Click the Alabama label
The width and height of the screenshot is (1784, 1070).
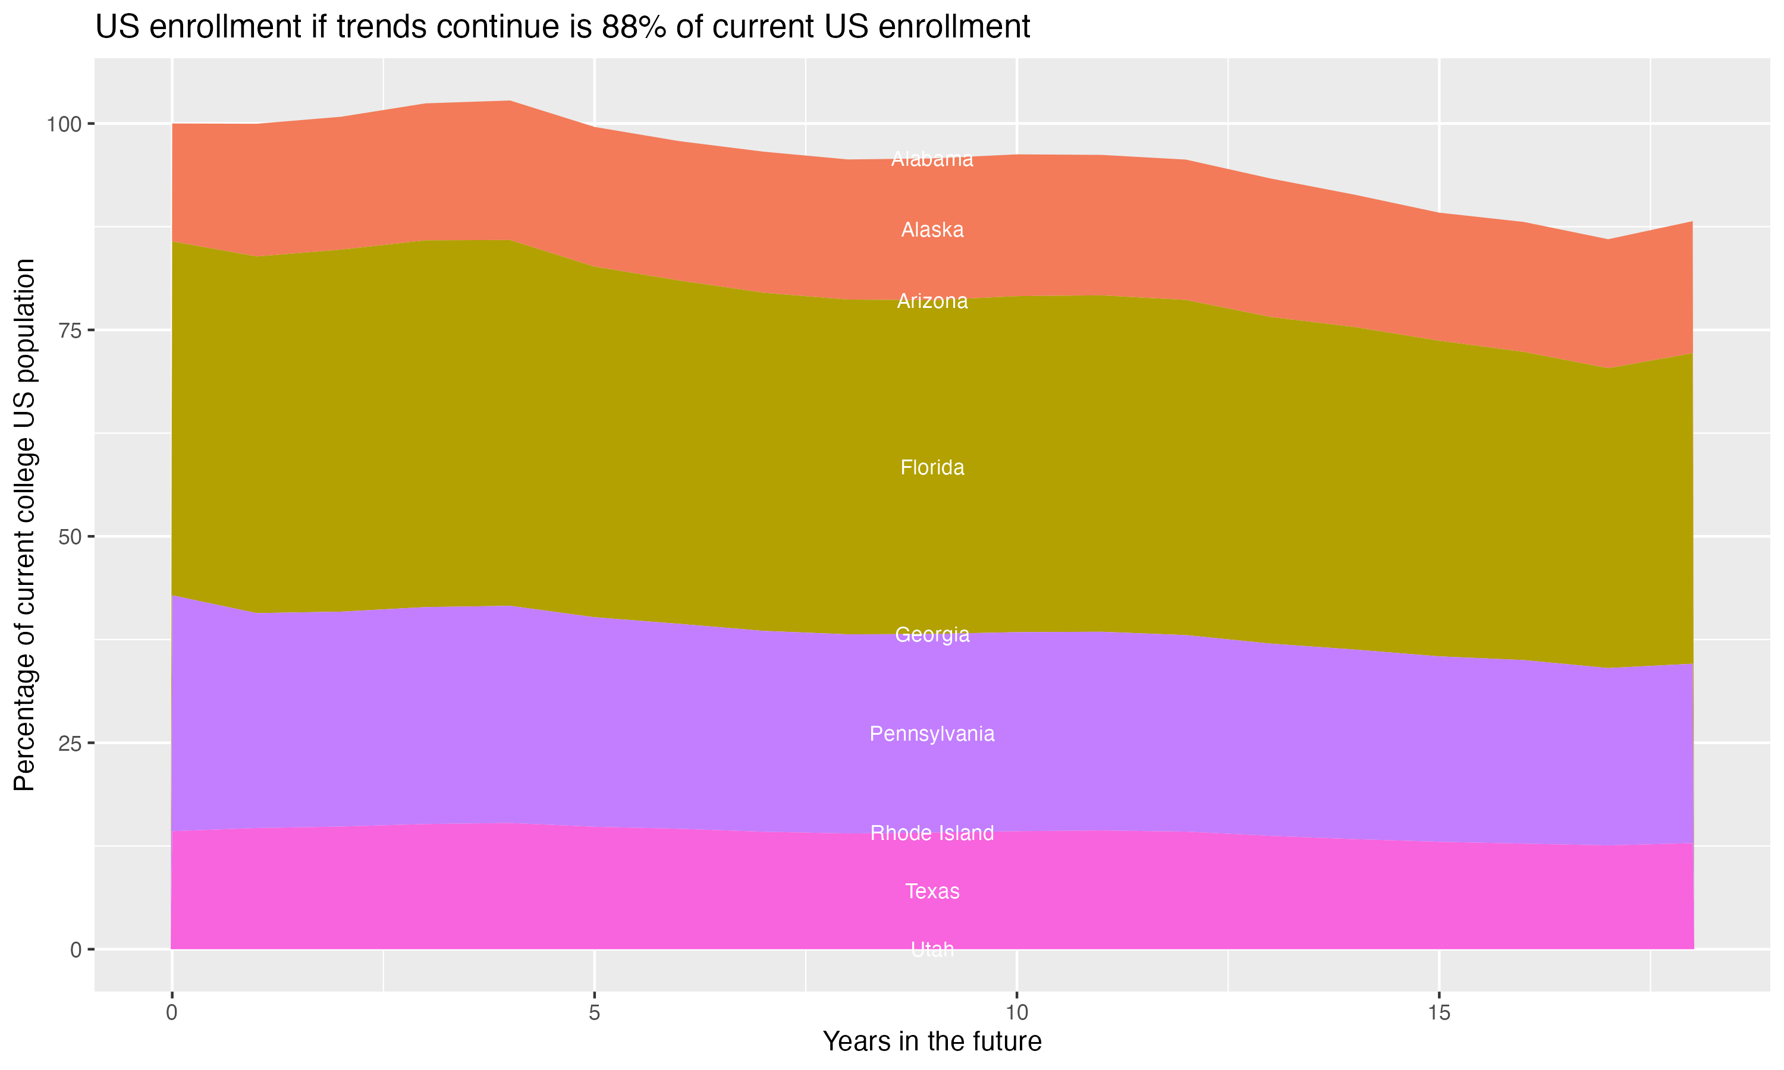click(932, 159)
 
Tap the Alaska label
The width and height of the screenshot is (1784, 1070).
click(932, 230)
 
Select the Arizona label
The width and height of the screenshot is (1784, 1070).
click(932, 301)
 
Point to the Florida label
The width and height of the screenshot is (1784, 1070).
click(932, 468)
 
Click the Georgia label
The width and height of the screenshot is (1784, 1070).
click(932, 634)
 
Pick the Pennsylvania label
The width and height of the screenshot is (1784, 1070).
click(932, 734)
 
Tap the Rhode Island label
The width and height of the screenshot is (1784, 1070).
click(932, 833)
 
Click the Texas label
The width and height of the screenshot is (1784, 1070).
click(932, 892)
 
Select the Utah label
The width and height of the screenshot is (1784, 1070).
click(932, 949)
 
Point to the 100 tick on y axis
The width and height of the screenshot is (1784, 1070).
click(64, 124)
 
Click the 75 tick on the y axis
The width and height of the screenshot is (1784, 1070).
click(69, 331)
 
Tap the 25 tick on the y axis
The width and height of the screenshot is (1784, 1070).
click(69, 744)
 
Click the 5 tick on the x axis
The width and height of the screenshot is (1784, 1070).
click(594, 1013)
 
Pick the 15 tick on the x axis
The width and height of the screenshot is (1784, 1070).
click(1438, 1013)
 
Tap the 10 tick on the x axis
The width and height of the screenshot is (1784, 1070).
click(1016, 1013)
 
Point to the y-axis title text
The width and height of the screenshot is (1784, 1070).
click(24, 525)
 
